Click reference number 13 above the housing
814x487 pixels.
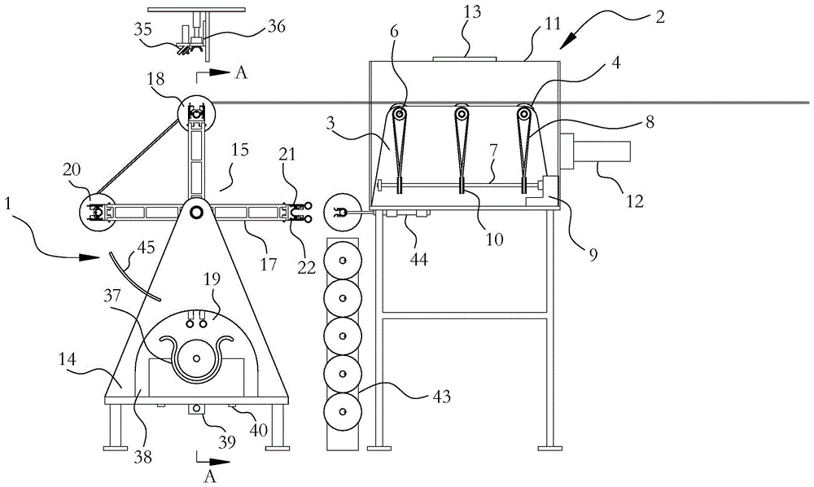[472, 12]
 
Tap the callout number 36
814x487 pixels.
[276, 25]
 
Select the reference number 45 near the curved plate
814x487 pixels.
[146, 248]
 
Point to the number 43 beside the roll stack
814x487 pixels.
[441, 397]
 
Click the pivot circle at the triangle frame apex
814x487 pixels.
[196, 212]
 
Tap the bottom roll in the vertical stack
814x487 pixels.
[342, 412]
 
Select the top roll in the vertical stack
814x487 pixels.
[342, 260]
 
